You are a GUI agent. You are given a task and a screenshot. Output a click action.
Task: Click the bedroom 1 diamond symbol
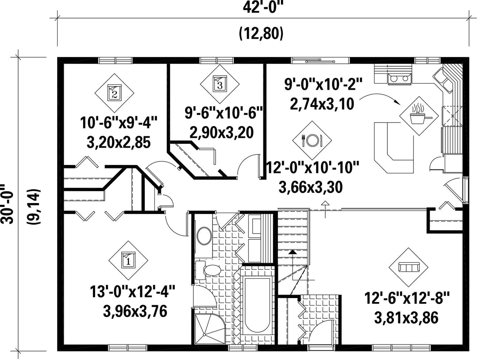coord(128,260)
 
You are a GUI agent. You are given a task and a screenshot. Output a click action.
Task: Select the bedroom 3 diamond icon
coord(220,84)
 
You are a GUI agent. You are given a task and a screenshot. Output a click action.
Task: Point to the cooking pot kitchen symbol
coord(419,116)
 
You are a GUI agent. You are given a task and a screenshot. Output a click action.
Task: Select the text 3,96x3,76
coord(135,311)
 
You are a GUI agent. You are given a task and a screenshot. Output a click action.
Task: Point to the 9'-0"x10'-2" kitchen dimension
coord(324,84)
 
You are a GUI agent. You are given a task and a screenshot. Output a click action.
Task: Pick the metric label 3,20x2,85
coord(119,142)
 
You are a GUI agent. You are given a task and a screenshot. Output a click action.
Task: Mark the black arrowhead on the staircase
coord(293,252)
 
